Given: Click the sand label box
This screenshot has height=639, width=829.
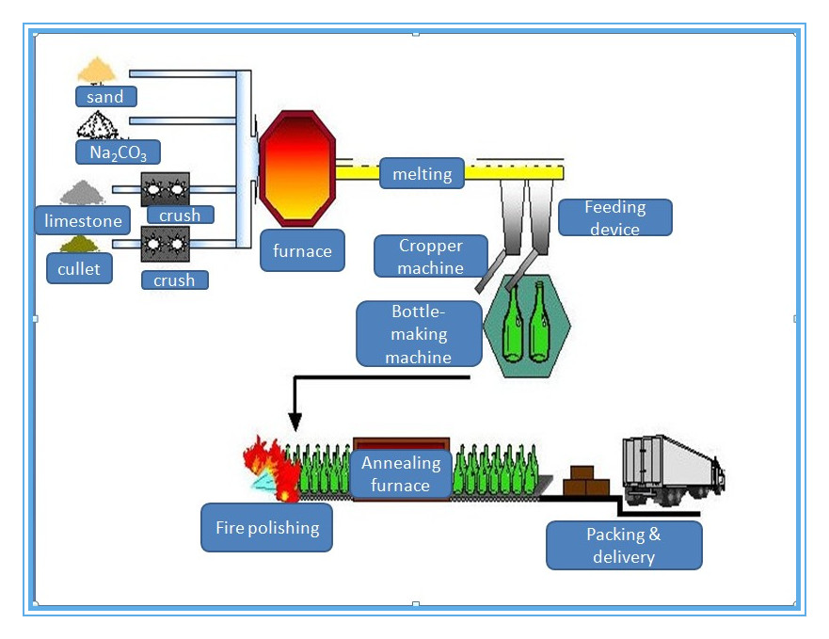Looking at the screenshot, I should tap(105, 96).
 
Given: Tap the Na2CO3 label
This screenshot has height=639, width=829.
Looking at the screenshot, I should tap(118, 152).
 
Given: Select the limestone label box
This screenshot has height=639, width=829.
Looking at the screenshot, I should tap(84, 221).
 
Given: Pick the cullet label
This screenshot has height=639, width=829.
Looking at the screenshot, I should tap(78, 269).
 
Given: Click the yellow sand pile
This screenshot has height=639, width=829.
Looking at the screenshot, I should tap(96, 69).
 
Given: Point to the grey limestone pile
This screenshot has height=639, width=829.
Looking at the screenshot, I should tap(83, 193).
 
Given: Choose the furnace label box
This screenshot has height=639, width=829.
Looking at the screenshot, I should tap(302, 251).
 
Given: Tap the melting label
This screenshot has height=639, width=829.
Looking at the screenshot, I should tap(422, 174).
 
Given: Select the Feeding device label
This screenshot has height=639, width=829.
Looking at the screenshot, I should tap(614, 217).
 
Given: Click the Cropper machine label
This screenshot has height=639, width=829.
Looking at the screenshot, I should tap(430, 256).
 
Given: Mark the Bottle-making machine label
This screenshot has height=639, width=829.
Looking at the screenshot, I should tap(419, 334).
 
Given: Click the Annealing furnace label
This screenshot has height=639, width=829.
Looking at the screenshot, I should tap(401, 473).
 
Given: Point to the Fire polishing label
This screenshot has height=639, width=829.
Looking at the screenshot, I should tap(266, 528).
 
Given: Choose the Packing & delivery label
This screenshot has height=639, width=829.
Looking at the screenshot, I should tap(623, 546).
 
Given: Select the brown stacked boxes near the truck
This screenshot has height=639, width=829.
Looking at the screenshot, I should tap(584, 482).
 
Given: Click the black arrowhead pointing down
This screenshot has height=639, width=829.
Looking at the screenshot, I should tap(295, 421).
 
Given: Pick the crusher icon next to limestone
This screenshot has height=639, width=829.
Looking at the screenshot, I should tap(165, 189).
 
